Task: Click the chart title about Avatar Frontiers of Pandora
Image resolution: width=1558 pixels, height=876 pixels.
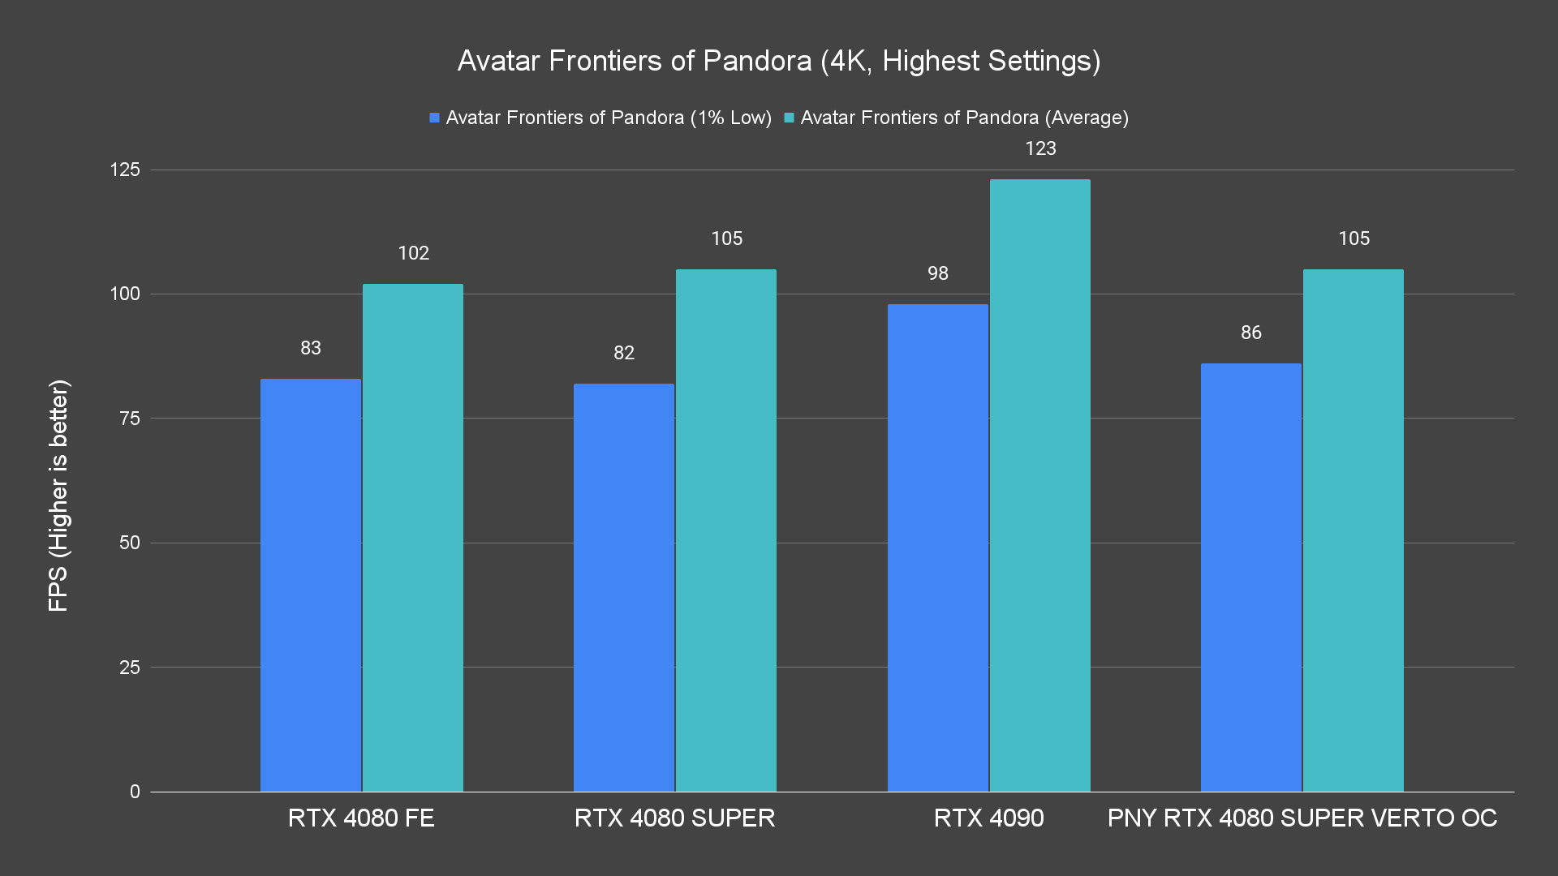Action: point(779,61)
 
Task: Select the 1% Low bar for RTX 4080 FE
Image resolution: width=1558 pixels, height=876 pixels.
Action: point(311,584)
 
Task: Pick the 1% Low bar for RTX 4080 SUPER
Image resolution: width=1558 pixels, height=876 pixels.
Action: point(624,587)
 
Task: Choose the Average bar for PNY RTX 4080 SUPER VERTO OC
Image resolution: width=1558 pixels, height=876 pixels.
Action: point(1353,530)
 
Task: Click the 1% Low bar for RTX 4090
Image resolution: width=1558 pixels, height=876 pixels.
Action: point(937,547)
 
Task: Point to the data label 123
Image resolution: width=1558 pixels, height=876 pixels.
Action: point(1040,148)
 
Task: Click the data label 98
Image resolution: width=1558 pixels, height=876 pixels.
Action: point(938,273)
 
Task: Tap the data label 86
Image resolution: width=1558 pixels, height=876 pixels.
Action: point(1251,333)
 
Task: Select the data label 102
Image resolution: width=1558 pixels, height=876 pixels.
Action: point(413,253)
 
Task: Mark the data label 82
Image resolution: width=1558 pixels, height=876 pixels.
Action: point(624,353)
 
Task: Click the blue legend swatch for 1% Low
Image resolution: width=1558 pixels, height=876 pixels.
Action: point(435,118)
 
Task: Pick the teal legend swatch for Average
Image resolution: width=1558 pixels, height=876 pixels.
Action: point(789,118)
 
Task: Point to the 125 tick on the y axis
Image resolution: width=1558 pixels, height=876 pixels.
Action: point(125,170)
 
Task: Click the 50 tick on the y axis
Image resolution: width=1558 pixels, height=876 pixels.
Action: point(130,543)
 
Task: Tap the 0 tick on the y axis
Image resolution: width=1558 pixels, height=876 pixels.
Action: point(135,792)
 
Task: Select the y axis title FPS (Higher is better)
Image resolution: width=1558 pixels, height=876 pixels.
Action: point(58,495)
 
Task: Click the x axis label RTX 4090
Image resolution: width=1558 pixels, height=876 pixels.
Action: point(988,818)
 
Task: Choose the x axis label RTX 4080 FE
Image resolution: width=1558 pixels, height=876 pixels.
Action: point(361,818)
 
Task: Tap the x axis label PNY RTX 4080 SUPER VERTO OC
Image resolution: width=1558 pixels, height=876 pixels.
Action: point(1302,818)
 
